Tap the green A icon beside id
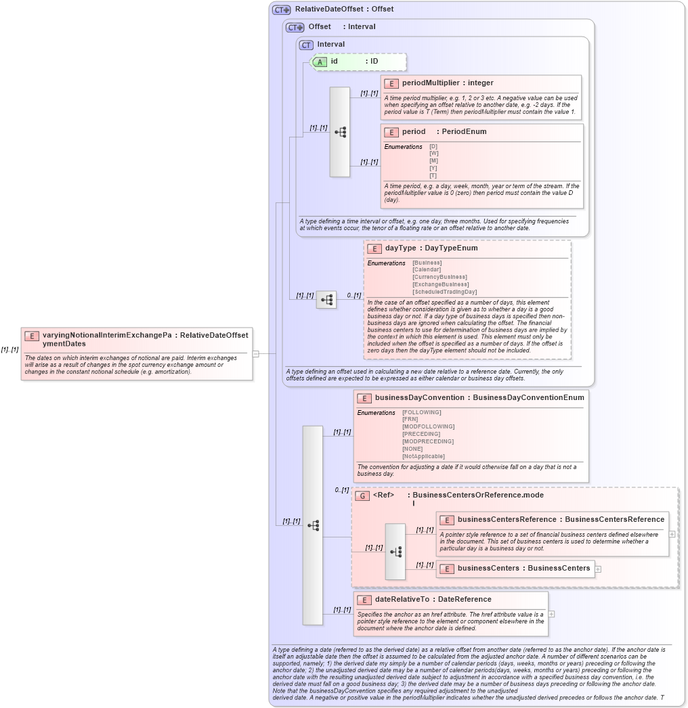(x=320, y=62)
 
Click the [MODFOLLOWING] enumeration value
(x=428, y=426)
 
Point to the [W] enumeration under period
(x=433, y=153)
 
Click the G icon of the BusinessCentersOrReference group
(x=362, y=495)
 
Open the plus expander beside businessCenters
(x=598, y=569)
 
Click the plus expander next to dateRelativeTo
(x=552, y=614)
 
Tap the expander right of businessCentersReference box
(x=672, y=533)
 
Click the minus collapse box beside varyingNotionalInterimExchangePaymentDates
(x=255, y=353)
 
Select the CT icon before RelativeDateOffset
(x=281, y=9)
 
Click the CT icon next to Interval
(x=306, y=45)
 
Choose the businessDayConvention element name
(x=419, y=398)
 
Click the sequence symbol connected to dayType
(x=326, y=300)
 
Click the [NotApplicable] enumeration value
(x=424, y=456)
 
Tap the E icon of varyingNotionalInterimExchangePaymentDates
(x=32, y=336)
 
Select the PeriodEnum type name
(x=464, y=131)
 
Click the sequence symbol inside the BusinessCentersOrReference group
(x=395, y=552)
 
